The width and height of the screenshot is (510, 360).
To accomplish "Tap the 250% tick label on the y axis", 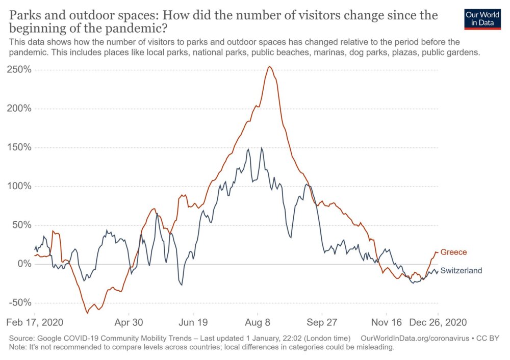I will coord(19,70).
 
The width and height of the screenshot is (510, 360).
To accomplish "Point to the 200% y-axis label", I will coord(19,109).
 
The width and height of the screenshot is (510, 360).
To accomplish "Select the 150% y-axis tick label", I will coord(19,147).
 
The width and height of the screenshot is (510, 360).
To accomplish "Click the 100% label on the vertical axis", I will coord(19,186).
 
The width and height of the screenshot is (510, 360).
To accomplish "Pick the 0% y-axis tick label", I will coord(24,264).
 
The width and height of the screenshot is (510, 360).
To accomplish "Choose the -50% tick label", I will coord(19,302).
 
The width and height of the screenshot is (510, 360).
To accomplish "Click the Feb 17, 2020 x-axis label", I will coord(35,323).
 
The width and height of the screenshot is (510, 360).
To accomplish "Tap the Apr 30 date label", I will coord(130,323).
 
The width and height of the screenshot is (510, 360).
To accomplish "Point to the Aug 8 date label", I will coord(258,323).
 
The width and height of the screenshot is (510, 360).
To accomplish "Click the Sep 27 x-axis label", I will coord(322,323).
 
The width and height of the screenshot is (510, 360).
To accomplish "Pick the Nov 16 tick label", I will coord(387,323).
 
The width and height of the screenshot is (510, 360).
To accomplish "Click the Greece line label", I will coord(453,252).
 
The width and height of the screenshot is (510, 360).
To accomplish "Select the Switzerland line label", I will coord(461,271).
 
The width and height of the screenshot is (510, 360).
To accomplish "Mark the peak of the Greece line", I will coord(269,67).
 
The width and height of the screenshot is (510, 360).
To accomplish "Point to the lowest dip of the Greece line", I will coord(87,313).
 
